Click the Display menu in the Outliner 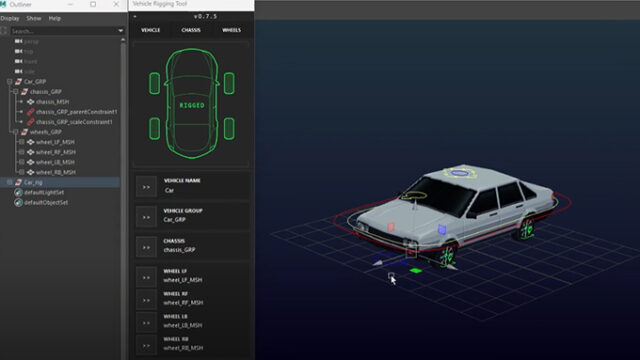coord(10,18)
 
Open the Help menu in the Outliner coord(54,18)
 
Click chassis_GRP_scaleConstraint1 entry coord(76,122)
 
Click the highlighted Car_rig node coord(34,182)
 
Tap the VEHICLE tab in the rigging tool coord(150,30)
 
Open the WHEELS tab coord(231,30)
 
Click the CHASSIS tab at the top coord(190,30)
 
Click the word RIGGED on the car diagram coord(191,103)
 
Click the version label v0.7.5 coord(191,16)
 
